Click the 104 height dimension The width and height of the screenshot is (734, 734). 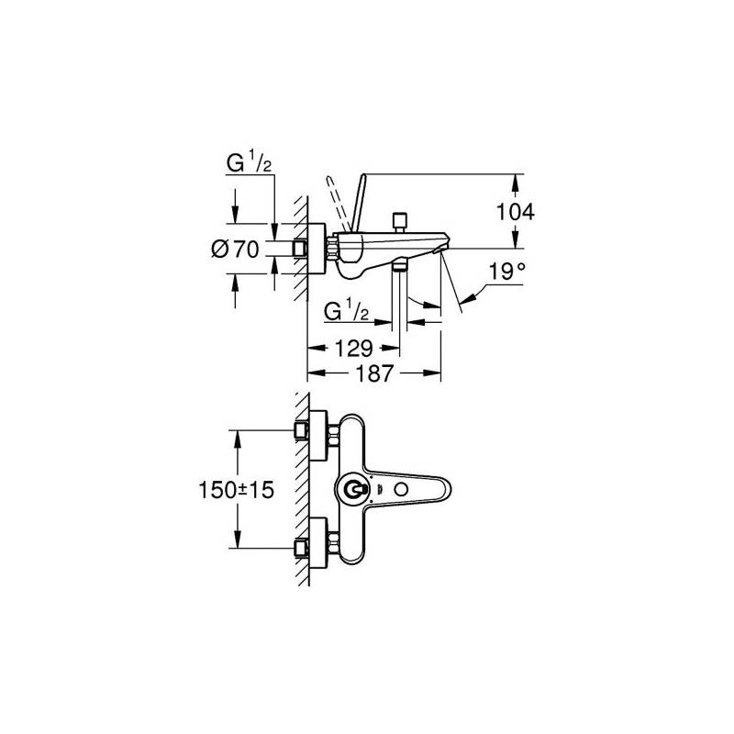tap(515, 212)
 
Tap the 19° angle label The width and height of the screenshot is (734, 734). tap(507, 271)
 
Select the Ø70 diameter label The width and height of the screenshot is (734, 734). tap(235, 249)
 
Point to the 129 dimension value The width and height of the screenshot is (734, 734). tap(354, 348)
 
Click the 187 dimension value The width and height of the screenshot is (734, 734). tap(374, 373)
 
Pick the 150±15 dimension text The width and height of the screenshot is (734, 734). tap(237, 490)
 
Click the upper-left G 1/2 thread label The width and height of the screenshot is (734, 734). tap(249, 163)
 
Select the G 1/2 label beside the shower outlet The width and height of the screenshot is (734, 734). tap(347, 310)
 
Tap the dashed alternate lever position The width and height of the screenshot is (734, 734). tap(337, 203)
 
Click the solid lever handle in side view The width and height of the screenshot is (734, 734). tap(358, 202)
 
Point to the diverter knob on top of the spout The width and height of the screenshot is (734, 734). tap(399, 223)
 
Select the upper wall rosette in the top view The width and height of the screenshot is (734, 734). tap(317, 435)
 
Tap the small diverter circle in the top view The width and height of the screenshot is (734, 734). tap(401, 490)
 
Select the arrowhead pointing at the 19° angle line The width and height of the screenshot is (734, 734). tap(469, 297)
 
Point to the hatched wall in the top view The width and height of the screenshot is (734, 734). tap(303, 489)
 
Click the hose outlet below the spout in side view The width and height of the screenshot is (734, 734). tap(399, 266)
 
